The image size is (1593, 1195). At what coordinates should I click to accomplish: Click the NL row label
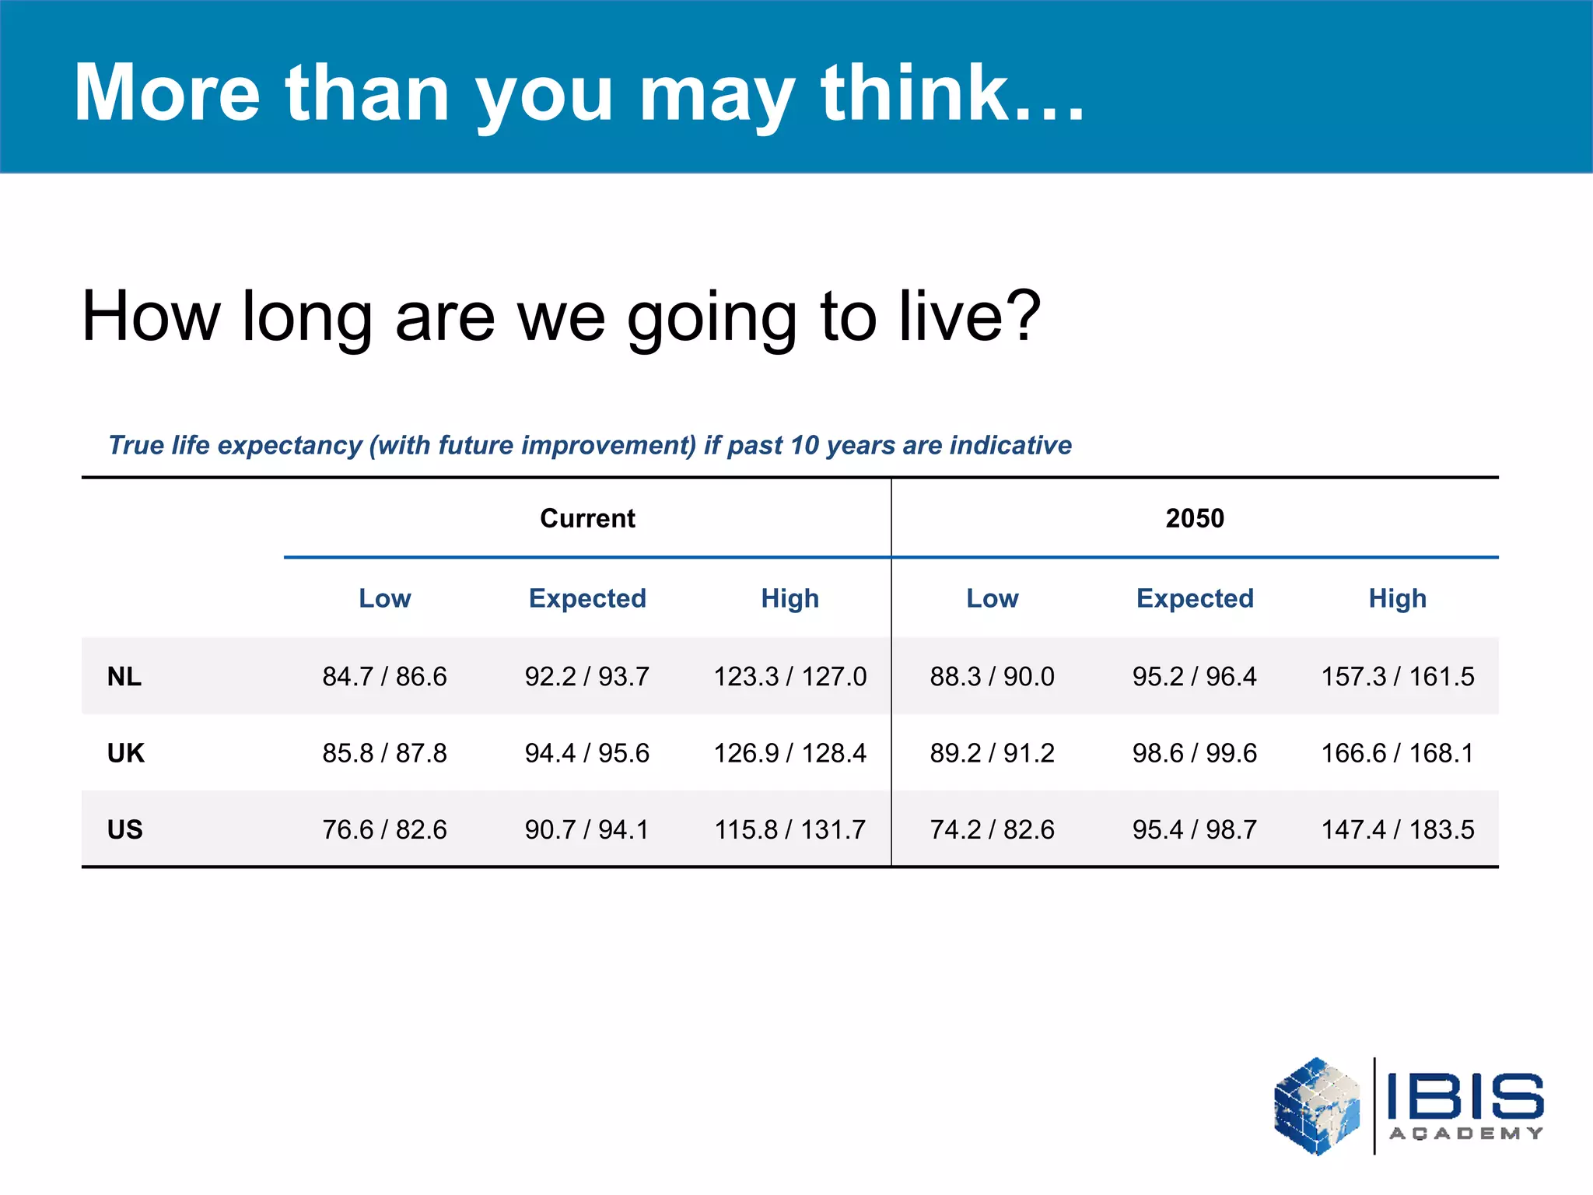point(124,677)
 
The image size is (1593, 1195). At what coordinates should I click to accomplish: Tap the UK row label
point(126,753)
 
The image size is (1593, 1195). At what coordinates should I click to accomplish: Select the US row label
point(125,829)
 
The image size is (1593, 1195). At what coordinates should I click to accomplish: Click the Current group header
point(587,518)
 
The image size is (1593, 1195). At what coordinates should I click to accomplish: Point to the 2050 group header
point(1195,518)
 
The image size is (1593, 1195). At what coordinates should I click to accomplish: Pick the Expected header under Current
point(587,598)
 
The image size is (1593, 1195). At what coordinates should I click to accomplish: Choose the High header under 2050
point(1398,598)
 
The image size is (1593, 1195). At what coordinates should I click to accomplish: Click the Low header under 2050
point(993,598)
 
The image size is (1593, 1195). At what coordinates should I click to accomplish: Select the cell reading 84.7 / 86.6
point(384,677)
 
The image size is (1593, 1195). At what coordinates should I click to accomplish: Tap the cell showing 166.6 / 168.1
point(1398,753)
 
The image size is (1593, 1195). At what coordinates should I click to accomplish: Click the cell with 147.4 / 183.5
point(1398,829)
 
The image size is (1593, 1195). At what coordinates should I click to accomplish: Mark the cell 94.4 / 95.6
point(587,753)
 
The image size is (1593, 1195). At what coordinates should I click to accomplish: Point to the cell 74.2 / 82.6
point(993,829)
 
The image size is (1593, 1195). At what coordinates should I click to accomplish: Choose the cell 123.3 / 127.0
point(790,677)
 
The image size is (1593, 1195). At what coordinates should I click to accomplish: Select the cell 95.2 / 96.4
point(1195,677)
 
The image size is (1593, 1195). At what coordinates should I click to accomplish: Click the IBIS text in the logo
point(1465,1097)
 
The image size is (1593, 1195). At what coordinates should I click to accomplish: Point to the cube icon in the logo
point(1317,1106)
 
